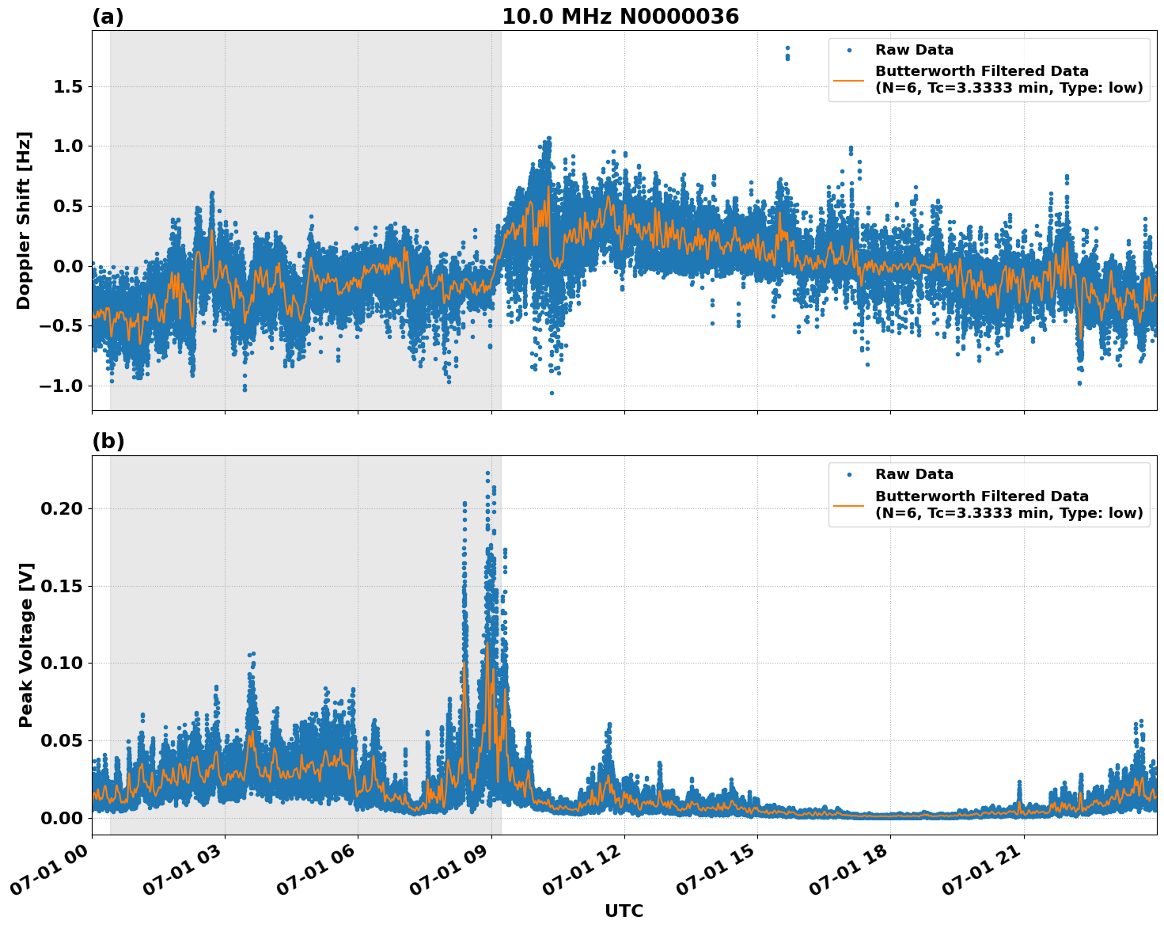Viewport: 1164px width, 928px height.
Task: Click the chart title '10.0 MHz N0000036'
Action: point(620,17)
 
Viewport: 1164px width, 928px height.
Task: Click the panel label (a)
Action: point(108,17)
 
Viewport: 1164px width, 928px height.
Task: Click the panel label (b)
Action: point(108,441)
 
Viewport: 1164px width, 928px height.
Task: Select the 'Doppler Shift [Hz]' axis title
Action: point(24,220)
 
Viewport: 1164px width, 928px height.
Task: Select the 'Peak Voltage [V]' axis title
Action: point(26,645)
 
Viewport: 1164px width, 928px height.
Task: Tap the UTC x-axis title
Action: point(624,911)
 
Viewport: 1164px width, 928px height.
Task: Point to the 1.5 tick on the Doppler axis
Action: point(68,86)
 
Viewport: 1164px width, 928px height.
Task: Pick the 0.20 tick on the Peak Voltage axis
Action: point(62,508)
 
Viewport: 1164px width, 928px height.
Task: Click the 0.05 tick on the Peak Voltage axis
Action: point(62,740)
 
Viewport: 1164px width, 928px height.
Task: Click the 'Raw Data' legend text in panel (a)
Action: point(914,50)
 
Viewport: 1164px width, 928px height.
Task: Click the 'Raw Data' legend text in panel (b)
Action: point(914,474)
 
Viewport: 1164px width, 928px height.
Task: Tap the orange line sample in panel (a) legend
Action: point(848,79)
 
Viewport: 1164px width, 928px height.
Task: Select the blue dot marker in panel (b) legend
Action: point(848,474)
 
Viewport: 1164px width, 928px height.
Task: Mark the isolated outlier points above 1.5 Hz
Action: point(787,53)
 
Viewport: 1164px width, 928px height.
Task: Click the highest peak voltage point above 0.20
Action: point(487,474)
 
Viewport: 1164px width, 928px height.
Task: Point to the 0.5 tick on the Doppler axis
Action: point(68,206)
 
